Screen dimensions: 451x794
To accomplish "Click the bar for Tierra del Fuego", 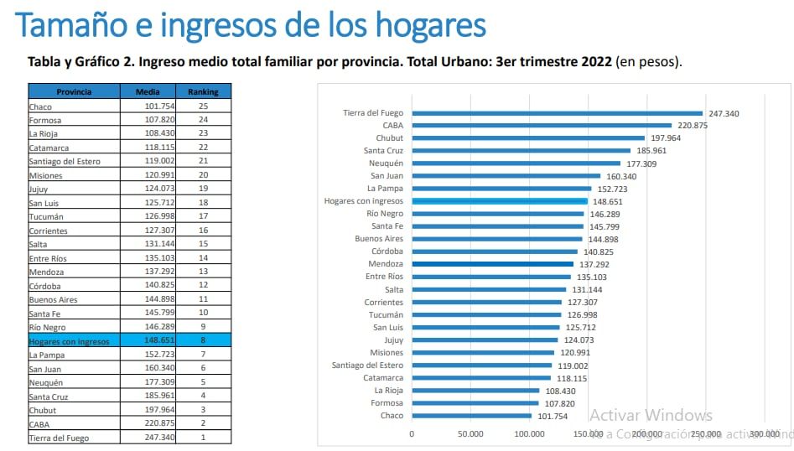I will click(x=557, y=113).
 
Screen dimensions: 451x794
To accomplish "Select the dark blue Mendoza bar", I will click(x=492, y=264).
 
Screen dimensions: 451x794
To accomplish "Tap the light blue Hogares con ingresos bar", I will click(x=499, y=201).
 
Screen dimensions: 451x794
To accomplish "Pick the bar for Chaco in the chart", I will click(x=471, y=416).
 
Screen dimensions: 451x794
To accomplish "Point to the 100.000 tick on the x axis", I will click(x=529, y=434).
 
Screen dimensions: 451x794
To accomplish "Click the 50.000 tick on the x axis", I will click(x=470, y=434).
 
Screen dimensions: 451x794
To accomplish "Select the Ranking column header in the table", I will click(x=203, y=91).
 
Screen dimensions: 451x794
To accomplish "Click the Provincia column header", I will click(x=74, y=91).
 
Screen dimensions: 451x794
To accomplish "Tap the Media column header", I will click(x=148, y=91).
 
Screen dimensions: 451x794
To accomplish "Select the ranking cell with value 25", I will click(x=203, y=106).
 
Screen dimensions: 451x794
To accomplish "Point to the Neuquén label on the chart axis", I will click(x=386, y=163).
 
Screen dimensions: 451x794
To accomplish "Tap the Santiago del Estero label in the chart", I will click(x=366, y=365).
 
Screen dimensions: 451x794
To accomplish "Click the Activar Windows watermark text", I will click(x=651, y=415).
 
